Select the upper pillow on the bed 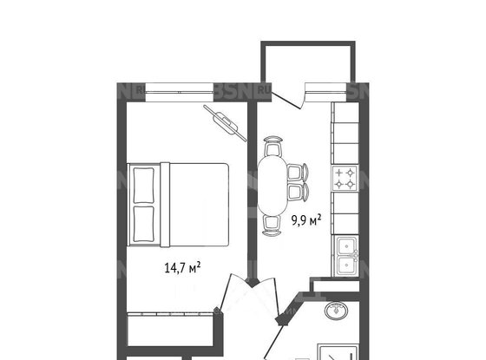tap(142, 184)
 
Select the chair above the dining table tap(273, 144)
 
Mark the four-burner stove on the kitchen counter tap(345, 178)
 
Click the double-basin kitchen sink tap(345, 253)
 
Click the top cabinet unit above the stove tap(345, 114)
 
